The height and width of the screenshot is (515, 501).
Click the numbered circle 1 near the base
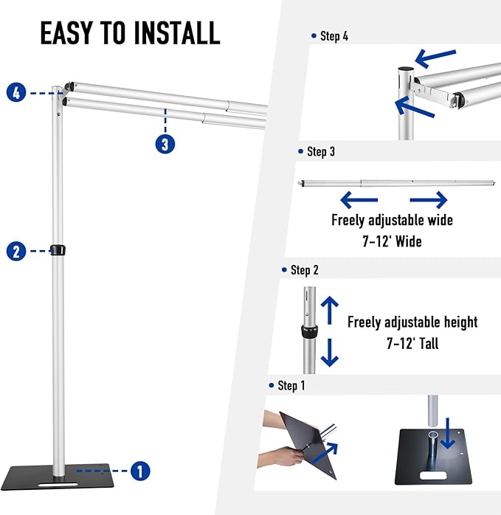click(x=140, y=470)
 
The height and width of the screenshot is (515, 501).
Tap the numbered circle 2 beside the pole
click(x=17, y=251)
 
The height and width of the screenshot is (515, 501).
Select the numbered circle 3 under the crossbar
click(x=165, y=143)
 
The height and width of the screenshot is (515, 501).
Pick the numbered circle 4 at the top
click(x=17, y=93)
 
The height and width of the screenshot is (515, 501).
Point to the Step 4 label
click(x=334, y=36)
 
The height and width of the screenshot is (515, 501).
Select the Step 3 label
click(x=320, y=152)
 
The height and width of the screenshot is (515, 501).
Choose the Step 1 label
click(x=291, y=386)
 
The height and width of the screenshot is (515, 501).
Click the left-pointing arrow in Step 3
click(x=359, y=199)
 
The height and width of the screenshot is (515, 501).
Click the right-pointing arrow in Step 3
click(x=429, y=199)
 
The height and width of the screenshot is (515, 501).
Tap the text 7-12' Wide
click(x=392, y=241)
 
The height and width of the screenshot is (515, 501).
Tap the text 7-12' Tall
click(x=412, y=343)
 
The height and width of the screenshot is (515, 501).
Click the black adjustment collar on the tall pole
click(x=57, y=249)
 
